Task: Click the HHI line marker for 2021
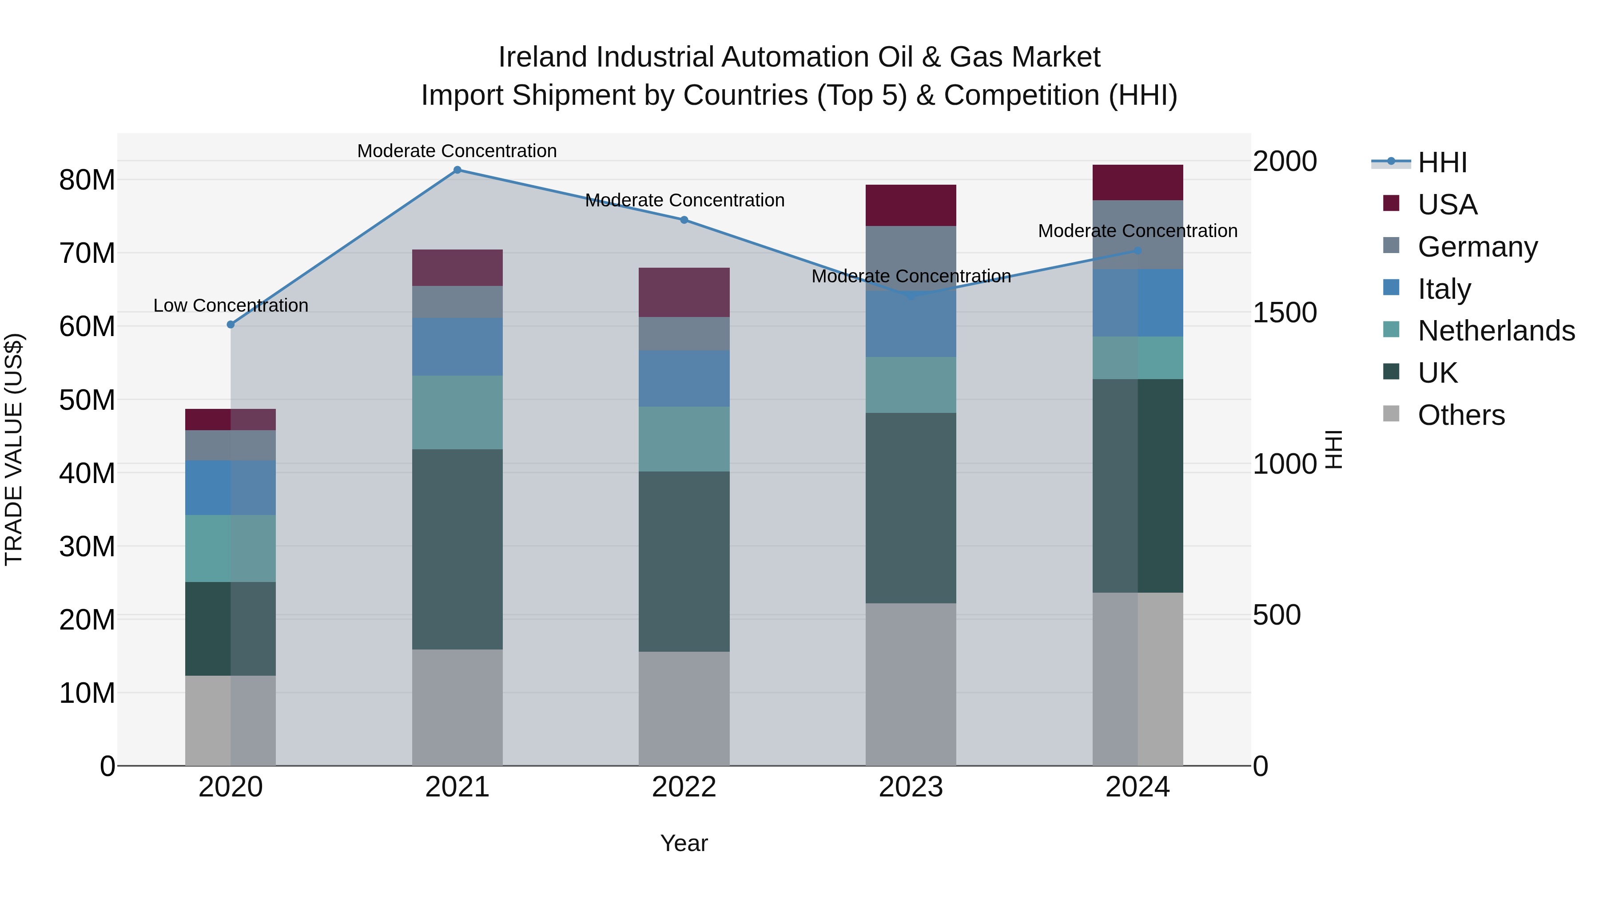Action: tap(457, 170)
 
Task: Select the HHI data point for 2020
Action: tap(231, 325)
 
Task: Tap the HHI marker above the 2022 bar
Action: tap(684, 220)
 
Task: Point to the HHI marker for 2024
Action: tap(1138, 251)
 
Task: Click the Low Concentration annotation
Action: tap(231, 305)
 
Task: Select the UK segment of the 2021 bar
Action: tap(457, 549)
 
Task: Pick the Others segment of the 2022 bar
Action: tap(684, 708)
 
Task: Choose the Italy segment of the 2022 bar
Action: tap(684, 378)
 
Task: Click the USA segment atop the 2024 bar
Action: tap(1138, 182)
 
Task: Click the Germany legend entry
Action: tap(1477, 247)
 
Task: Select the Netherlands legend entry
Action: tap(1496, 331)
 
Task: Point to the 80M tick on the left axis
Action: tap(87, 181)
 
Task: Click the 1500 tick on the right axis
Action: tap(1284, 313)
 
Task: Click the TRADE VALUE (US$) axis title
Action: tap(14, 449)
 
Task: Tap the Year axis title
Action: tap(684, 843)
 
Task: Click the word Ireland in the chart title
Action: tap(543, 57)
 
